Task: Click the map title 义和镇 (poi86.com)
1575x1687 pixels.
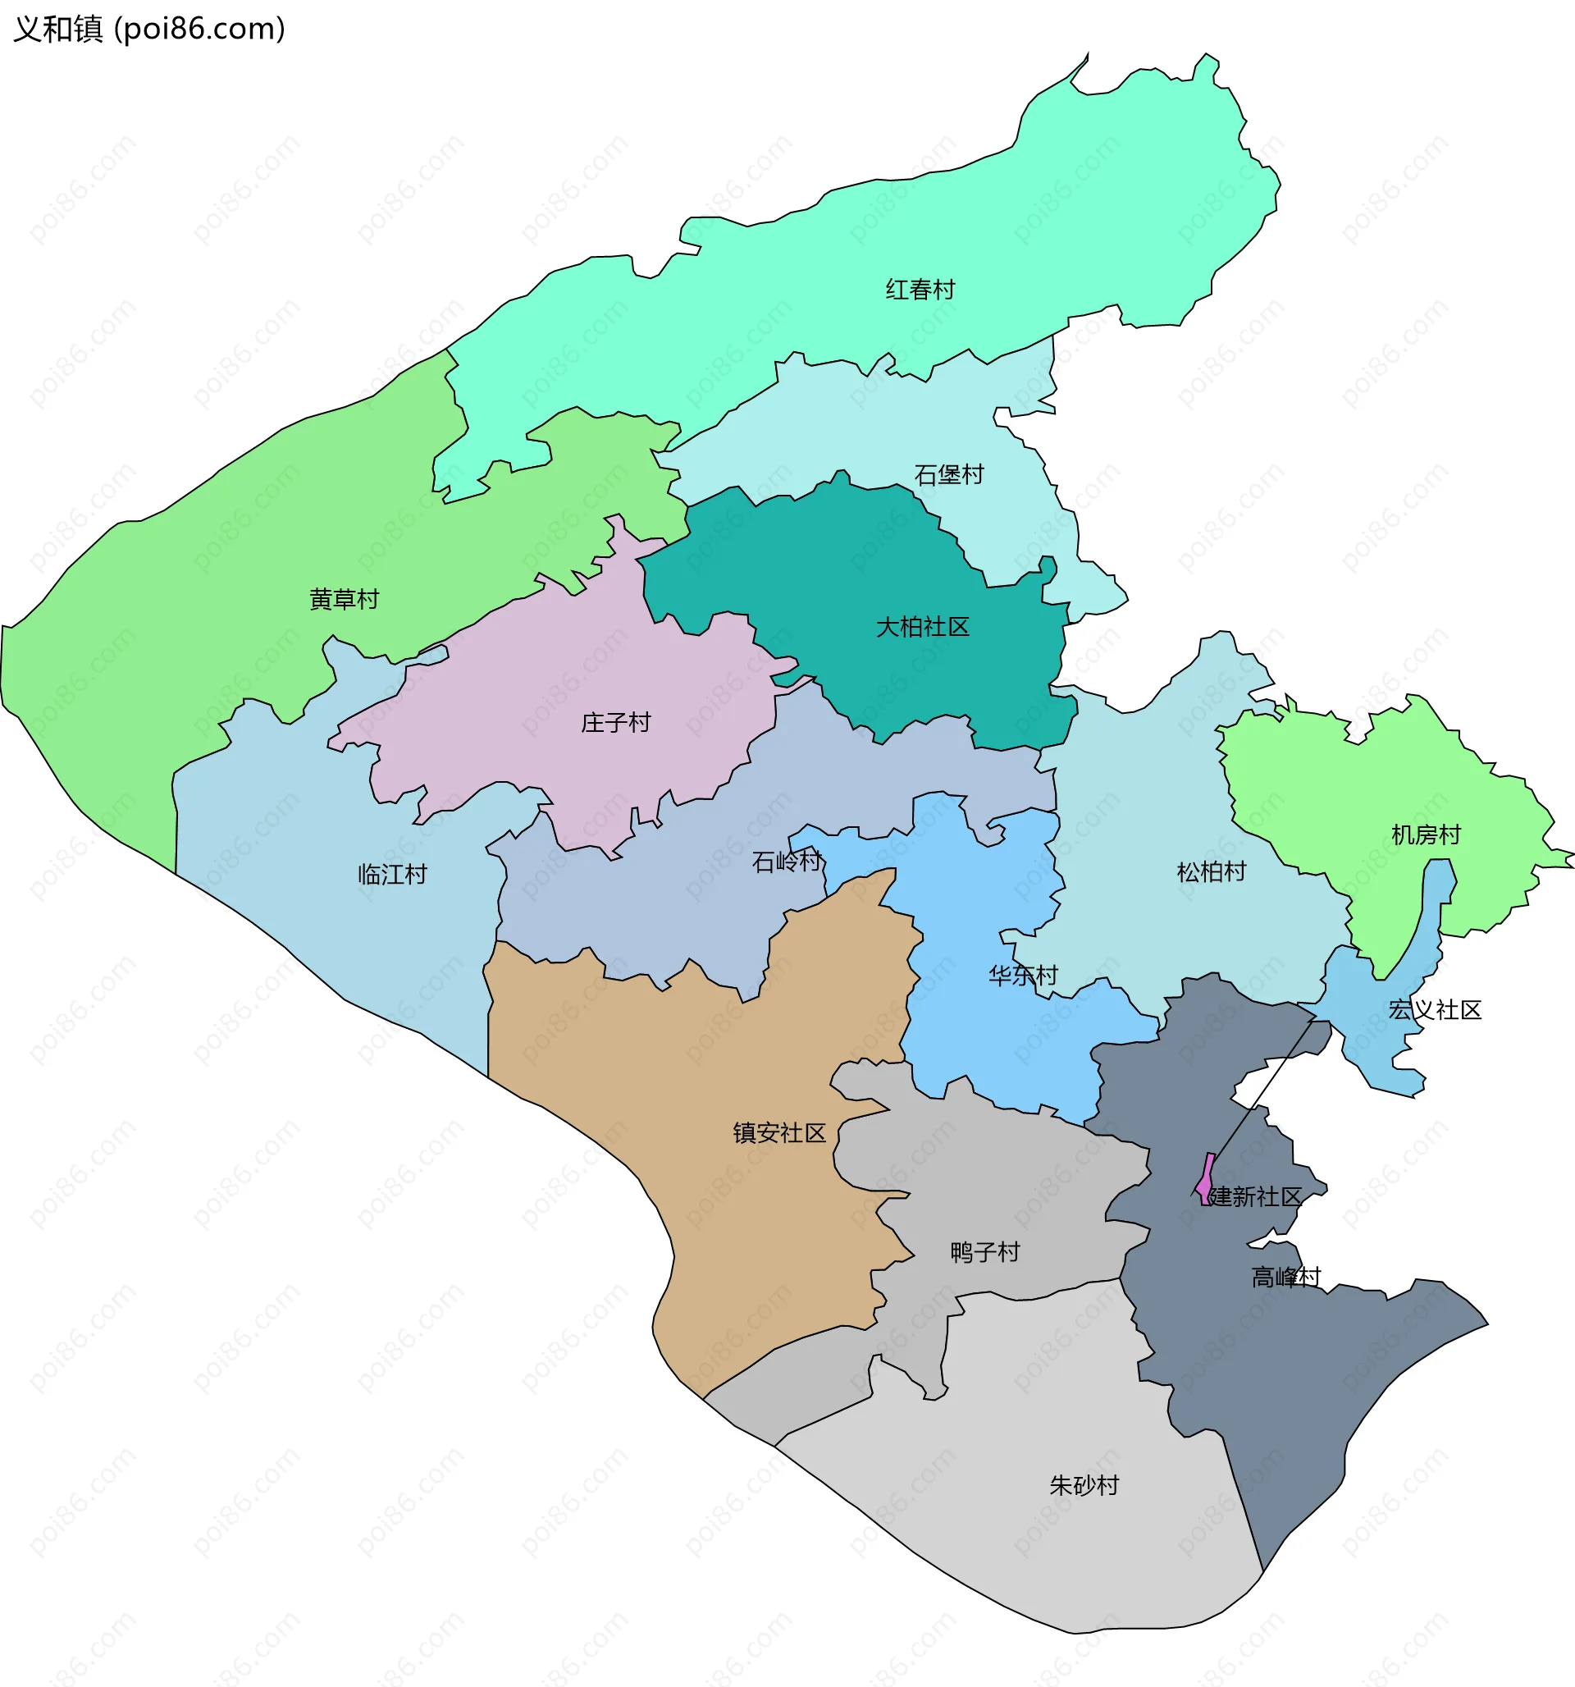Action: click(149, 29)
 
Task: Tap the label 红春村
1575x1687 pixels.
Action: click(920, 290)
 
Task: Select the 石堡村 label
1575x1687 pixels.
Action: click(949, 474)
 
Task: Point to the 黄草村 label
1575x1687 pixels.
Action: click(344, 600)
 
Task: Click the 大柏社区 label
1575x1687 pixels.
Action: click(922, 627)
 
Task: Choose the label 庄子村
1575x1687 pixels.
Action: click(615, 723)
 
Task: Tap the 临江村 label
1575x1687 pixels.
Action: click(392, 875)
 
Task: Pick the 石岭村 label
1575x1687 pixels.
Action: click(787, 862)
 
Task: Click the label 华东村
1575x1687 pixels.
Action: click(1023, 976)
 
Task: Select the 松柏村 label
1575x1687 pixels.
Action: click(1211, 872)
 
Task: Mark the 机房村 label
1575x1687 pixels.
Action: click(1426, 836)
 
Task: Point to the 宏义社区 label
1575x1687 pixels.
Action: click(1434, 1011)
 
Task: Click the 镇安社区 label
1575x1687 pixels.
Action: click(779, 1134)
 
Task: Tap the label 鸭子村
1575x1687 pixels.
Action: click(984, 1252)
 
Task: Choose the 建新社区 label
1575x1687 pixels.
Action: click(1254, 1197)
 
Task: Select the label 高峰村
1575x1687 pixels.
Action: click(1285, 1277)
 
